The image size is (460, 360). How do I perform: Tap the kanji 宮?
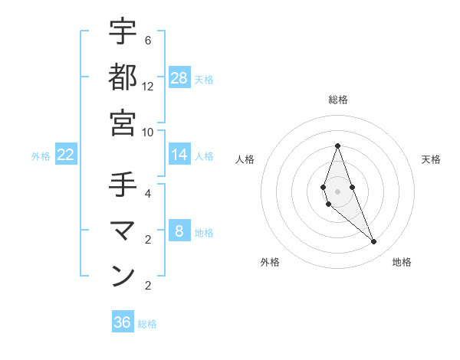(123, 123)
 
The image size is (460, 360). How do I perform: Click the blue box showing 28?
(179, 78)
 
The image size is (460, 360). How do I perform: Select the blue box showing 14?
(179, 155)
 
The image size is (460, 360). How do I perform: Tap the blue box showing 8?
(179, 232)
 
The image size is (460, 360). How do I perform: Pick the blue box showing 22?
(66, 155)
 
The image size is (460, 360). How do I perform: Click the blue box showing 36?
(123, 322)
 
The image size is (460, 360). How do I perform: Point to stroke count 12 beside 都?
(148, 86)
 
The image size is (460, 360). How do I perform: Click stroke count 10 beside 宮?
(148, 132)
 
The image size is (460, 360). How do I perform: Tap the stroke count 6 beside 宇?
(148, 40)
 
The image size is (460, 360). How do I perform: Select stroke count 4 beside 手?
(148, 193)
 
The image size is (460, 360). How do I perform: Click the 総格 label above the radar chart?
(337, 100)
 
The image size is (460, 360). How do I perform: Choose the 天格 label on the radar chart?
(432, 159)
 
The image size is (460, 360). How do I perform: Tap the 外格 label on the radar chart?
(270, 262)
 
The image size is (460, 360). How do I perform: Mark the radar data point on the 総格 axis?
(337, 146)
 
